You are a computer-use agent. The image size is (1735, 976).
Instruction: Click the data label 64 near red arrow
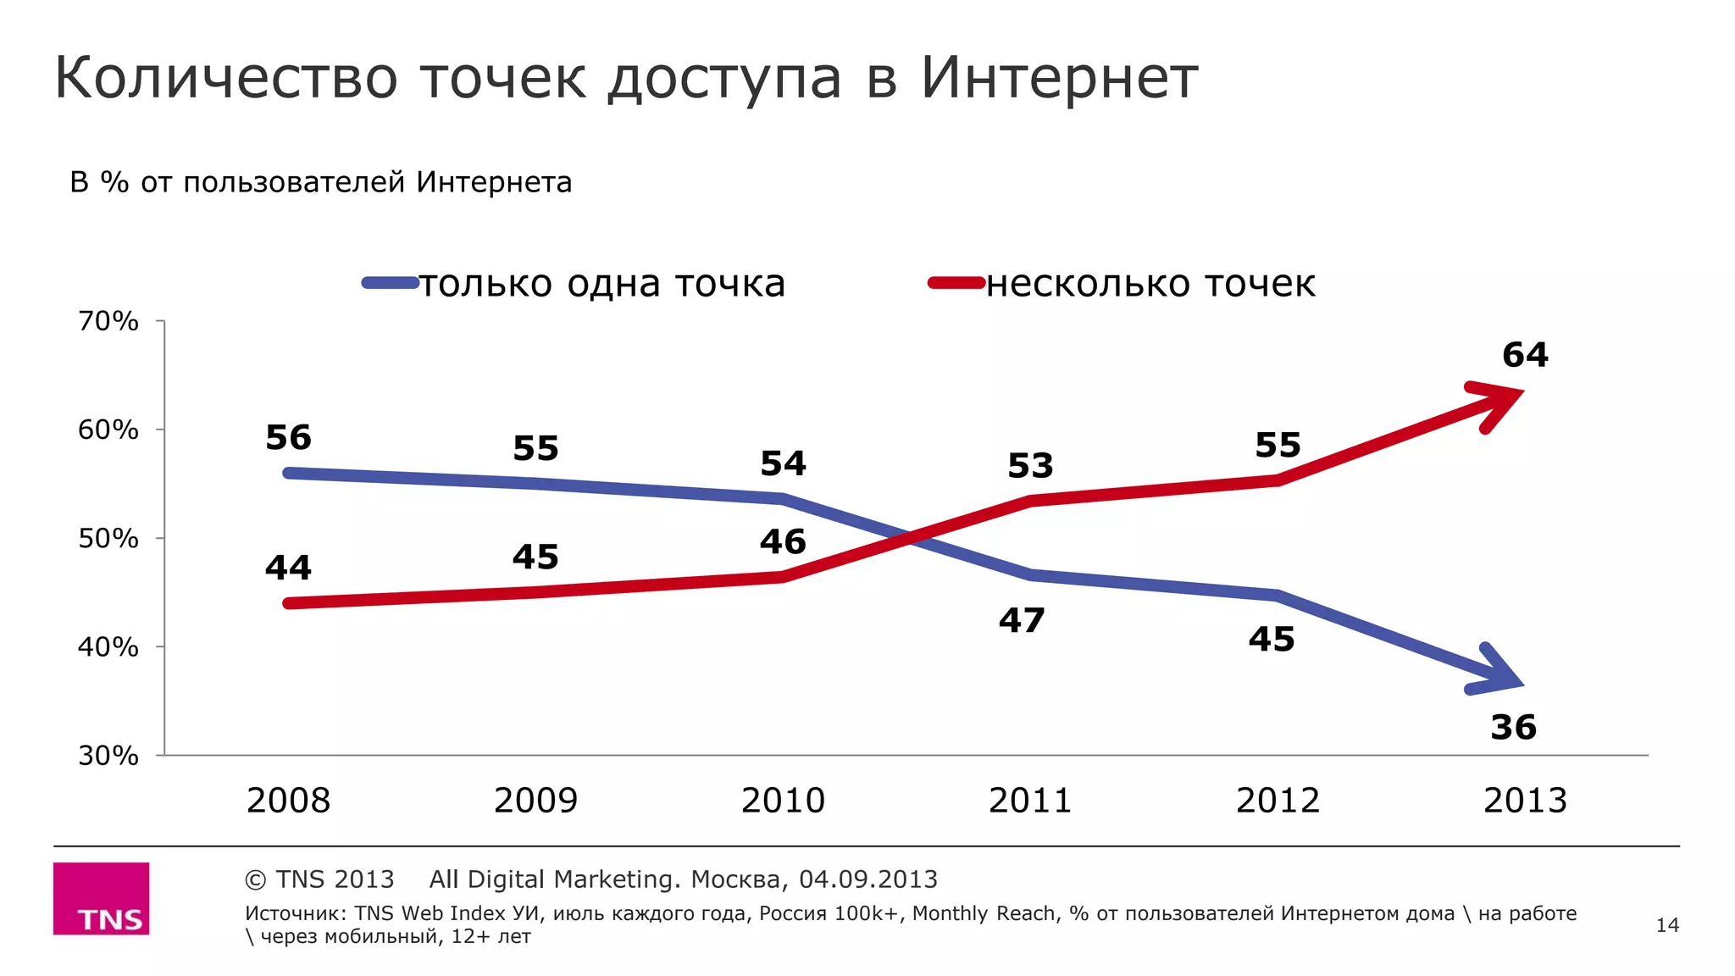click(x=1525, y=355)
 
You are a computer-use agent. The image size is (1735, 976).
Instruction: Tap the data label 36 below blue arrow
click(x=1513, y=728)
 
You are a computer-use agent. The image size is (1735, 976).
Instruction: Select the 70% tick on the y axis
click(x=108, y=321)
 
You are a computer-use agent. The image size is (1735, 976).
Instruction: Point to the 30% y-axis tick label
click(x=108, y=755)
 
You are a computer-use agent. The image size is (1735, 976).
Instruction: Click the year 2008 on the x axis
click(x=288, y=801)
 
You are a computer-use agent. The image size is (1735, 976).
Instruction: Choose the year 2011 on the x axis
click(x=1030, y=801)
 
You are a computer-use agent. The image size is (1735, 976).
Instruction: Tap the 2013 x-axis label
click(x=1525, y=801)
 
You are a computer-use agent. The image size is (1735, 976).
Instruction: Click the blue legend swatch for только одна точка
click(x=391, y=283)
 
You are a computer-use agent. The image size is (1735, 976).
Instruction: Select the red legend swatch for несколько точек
click(x=956, y=283)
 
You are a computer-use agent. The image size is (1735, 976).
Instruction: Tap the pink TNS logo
click(x=102, y=899)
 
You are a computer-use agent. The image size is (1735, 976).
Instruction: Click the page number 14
click(x=1667, y=925)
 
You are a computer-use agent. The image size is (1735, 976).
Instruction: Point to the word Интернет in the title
click(x=1059, y=78)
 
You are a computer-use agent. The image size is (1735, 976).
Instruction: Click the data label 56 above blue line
click(x=288, y=438)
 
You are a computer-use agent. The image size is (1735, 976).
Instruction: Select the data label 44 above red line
click(x=288, y=568)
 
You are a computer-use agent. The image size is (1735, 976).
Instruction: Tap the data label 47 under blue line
click(x=1022, y=621)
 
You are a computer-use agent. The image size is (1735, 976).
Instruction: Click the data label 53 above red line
click(x=1030, y=466)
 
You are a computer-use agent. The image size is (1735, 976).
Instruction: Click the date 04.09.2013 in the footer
click(x=868, y=879)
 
